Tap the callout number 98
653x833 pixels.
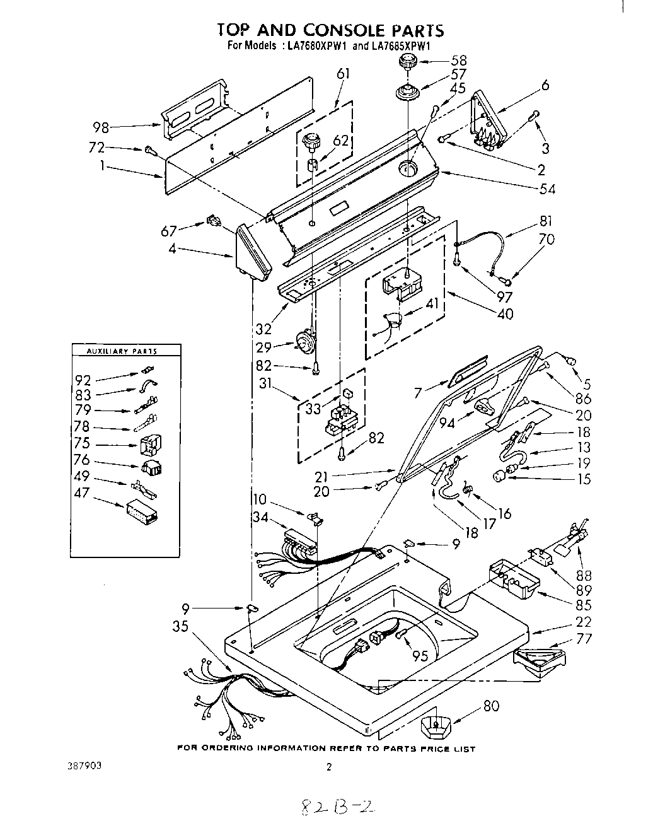(x=101, y=128)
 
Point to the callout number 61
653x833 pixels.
(x=344, y=74)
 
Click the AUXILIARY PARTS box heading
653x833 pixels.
(x=125, y=351)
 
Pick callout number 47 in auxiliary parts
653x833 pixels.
(x=83, y=493)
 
